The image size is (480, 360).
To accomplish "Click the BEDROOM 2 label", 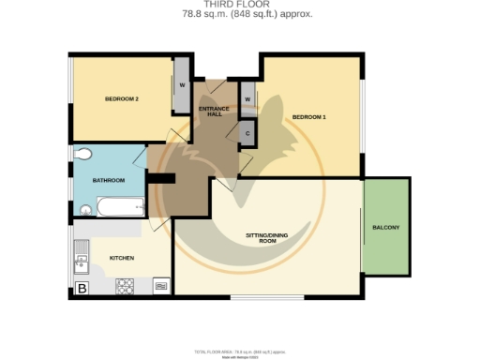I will pos(122,98).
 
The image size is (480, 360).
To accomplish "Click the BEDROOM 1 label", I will pos(308,116).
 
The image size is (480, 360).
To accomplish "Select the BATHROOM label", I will pos(108,180).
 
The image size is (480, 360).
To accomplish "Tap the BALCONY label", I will pos(386,228).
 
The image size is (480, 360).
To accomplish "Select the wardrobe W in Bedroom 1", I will pos(247,97).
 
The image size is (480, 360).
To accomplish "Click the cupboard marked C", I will pos(247,133).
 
